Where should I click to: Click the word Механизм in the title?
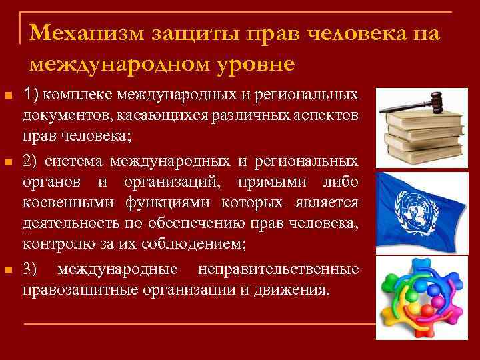point(88,33)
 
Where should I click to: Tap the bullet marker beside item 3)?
point(8,270)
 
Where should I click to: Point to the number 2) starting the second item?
point(30,161)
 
